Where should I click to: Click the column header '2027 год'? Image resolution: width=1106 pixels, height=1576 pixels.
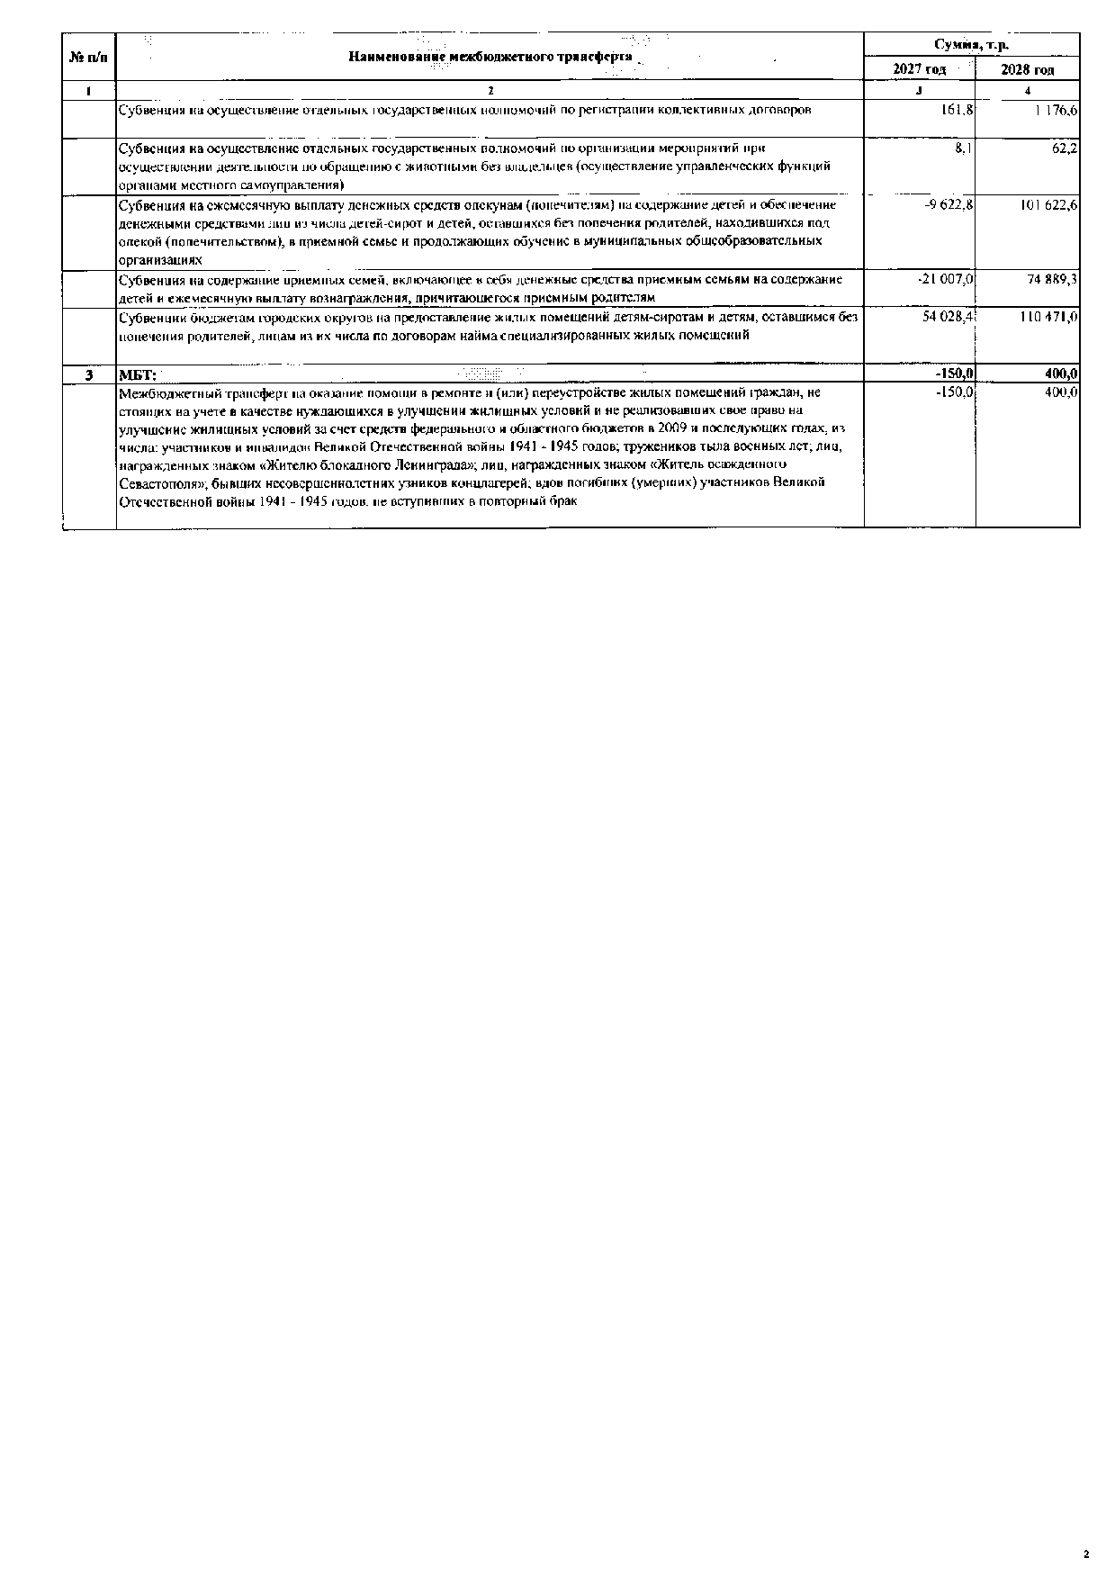[x=919, y=69]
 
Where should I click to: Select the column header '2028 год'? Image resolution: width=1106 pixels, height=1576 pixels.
[x=1027, y=69]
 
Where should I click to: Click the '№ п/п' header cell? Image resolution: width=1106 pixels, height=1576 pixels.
[x=88, y=57]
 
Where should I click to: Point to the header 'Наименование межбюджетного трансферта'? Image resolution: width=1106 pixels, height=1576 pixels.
[x=490, y=57]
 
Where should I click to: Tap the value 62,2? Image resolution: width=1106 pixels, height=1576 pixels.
[x=1065, y=148]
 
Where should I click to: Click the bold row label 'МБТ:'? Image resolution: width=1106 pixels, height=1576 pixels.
[x=138, y=374]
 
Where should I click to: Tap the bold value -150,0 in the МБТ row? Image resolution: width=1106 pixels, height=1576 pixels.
[x=955, y=374]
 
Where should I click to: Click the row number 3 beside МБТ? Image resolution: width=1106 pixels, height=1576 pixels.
[x=88, y=374]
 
